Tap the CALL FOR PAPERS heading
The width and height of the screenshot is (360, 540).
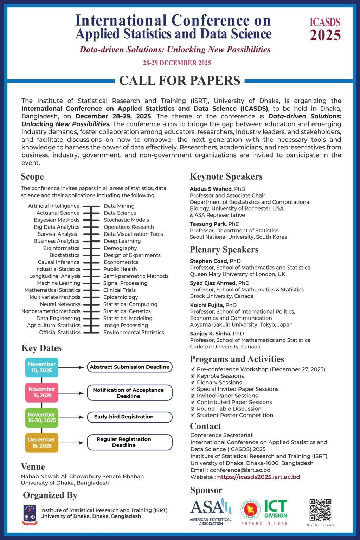pos(180,81)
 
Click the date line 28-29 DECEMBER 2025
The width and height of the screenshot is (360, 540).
pos(177,63)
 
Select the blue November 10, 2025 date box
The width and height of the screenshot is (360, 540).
pos(41,367)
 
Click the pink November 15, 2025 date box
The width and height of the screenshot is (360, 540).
pos(41,392)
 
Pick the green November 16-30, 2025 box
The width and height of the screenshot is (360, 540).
pos(41,417)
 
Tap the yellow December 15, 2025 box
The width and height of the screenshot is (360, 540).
pos(41,443)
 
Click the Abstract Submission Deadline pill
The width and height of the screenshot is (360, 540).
pos(129,367)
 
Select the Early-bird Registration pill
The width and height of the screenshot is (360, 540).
pos(129,417)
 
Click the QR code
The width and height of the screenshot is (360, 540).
pos(320,509)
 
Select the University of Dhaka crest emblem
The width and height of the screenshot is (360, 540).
pos(30,514)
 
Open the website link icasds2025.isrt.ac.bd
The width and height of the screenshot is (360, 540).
pos(258,477)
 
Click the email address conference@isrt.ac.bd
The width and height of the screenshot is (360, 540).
pos(240,470)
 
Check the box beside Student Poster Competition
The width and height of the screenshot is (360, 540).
pos(193,415)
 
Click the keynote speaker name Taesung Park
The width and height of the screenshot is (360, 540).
pos(208,224)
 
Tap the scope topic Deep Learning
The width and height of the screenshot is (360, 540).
pos(122,241)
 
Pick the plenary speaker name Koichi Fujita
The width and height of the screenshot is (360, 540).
pos(207,305)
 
